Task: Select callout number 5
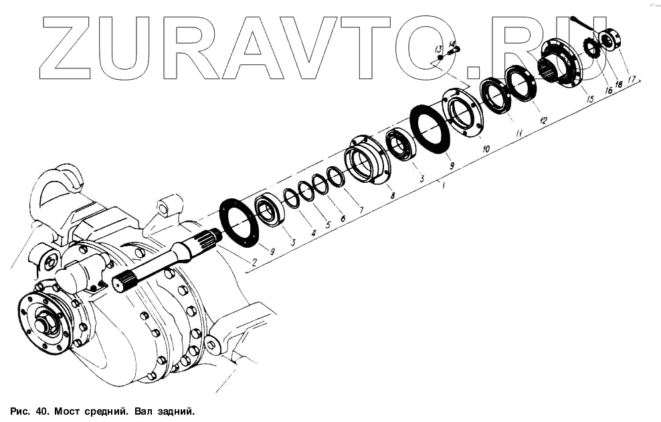[328, 224]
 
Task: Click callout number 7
[361, 210]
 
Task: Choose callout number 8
[393, 195]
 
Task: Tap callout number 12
[543, 121]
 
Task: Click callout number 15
[589, 99]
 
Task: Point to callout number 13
[438, 50]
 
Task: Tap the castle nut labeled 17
[610, 40]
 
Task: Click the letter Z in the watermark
[67, 47]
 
